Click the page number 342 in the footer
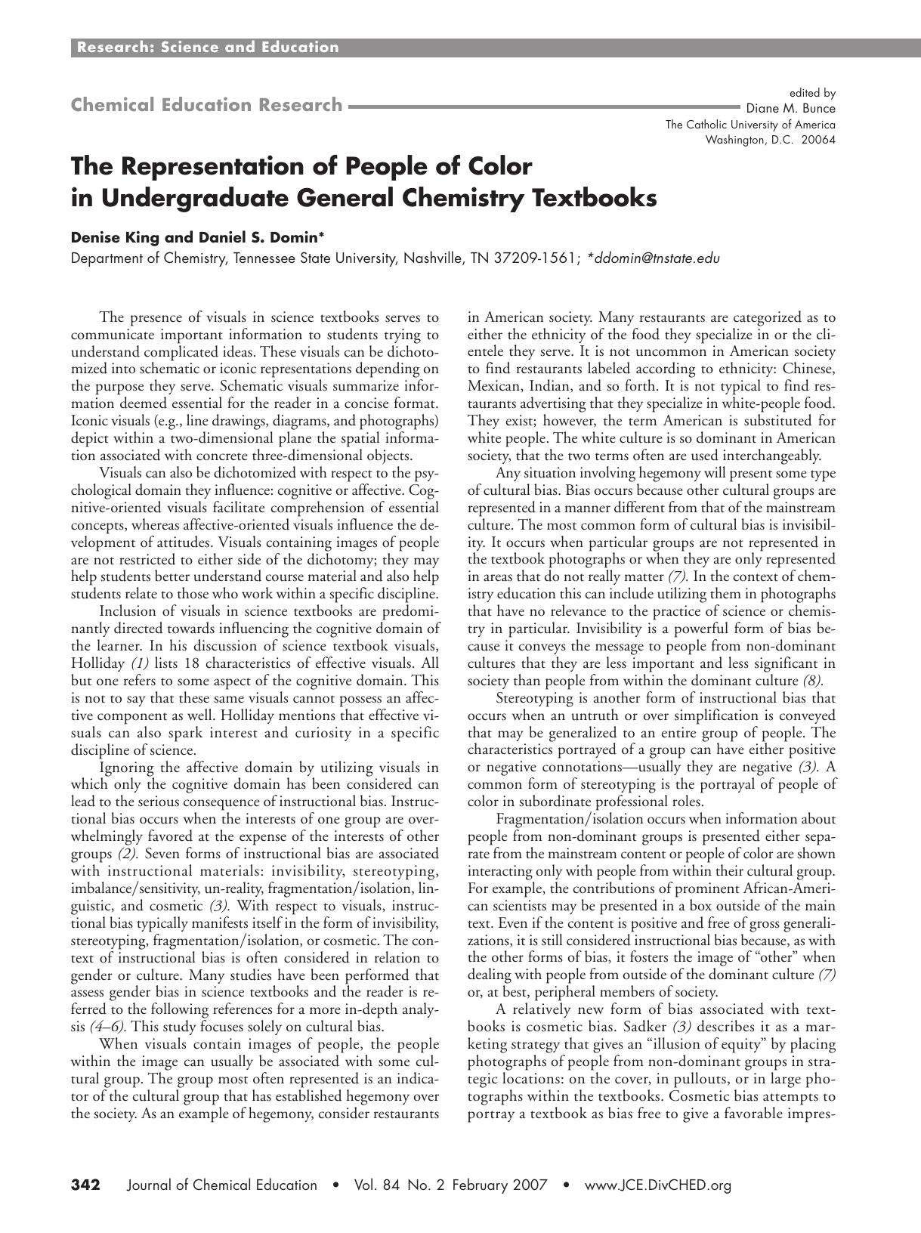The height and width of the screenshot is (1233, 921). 85,1185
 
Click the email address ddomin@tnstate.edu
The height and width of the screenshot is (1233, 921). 657,258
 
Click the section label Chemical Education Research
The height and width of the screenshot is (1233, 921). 206,105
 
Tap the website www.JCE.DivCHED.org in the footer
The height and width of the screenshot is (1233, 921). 658,1185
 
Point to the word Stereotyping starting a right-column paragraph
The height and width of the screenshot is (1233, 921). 533,698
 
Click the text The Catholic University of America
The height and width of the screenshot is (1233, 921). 750,125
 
